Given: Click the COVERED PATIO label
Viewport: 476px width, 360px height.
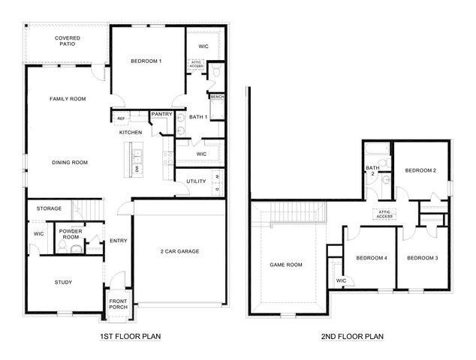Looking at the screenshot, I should pos(68,41).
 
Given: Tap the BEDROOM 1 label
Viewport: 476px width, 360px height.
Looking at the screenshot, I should pos(146,61).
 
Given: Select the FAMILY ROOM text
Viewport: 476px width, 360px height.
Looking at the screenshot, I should pos(68,99).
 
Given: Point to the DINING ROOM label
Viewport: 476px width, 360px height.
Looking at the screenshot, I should pos(70,162).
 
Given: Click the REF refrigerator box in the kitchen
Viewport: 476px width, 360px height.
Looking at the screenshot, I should pos(120,118).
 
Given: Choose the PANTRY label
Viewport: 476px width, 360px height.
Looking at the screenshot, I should pos(162,114).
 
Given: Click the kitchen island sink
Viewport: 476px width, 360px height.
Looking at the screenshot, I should pos(138,157).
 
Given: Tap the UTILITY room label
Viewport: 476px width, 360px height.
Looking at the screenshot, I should pos(196,181).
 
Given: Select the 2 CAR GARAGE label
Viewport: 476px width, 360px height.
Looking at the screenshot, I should pos(179,251).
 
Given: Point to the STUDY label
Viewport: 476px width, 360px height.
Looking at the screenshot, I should pos(63,282).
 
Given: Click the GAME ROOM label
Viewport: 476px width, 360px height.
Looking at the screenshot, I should pos(286,265).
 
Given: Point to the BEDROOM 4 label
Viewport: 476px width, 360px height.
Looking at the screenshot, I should pos(371,258).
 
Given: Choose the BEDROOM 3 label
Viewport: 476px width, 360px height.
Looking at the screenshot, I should pos(422,258).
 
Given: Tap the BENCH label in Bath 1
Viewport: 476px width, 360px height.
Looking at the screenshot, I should pos(217,97).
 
